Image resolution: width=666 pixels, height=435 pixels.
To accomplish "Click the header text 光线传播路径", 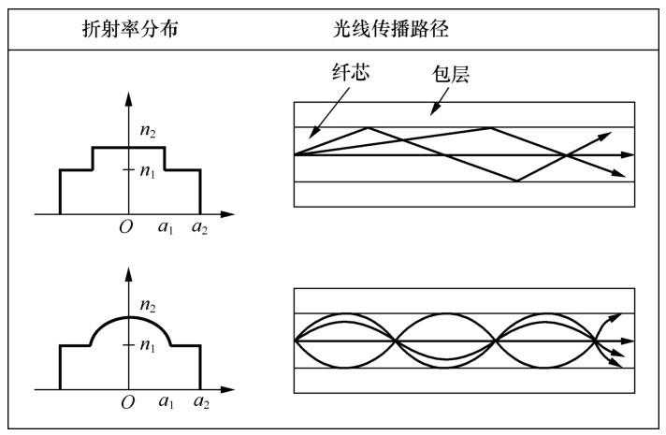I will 384,29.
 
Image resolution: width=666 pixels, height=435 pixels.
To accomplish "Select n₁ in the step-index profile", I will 148,170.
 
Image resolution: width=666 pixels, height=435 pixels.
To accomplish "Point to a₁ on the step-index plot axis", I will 165,228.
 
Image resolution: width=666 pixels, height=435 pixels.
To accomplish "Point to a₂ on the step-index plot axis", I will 198,228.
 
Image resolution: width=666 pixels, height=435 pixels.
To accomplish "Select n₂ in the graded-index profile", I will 146,305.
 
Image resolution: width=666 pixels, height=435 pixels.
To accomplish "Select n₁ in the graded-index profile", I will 148,345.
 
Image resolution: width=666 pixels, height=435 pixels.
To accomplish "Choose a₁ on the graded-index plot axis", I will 165,403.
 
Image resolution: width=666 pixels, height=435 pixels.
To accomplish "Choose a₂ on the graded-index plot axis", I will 198,403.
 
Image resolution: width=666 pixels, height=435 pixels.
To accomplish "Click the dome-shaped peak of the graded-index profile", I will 129,318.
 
